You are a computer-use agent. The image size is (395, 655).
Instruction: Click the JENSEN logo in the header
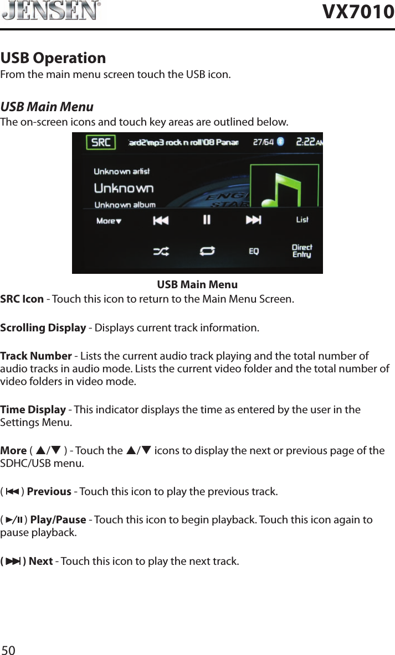pyautogui.click(x=51, y=11)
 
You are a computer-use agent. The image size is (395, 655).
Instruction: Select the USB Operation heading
pyautogui.click(x=53, y=58)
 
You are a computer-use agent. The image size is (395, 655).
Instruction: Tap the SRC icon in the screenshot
pyautogui.click(x=100, y=143)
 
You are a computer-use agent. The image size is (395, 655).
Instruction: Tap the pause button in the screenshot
pyautogui.click(x=207, y=220)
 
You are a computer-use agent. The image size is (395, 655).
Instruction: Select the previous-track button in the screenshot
pyautogui.click(x=161, y=220)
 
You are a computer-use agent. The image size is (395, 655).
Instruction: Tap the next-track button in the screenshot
pyautogui.click(x=253, y=220)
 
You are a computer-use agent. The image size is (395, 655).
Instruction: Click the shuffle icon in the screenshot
pyautogui.click(x=161, y=251)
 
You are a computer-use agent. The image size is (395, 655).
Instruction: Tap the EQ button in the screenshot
pyautogui.click(x=253, y=251)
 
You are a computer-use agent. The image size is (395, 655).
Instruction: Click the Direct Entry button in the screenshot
pyautogui.click(x=302, y=251)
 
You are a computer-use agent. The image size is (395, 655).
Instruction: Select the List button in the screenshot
pyautogui.click(x=302, y=220)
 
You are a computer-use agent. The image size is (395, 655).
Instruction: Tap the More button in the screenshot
pyautogui.click(x=109, y=221)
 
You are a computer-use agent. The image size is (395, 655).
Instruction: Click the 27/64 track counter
pyautogui.click(x=263, y=142)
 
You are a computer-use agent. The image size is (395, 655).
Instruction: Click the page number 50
pyautogui.click(x=8, y=649)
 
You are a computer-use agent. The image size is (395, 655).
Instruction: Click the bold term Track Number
pyautogui.click(x=36, y=356)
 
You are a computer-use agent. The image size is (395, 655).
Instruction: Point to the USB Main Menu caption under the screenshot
pyautogui.click(x=197, y=285)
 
